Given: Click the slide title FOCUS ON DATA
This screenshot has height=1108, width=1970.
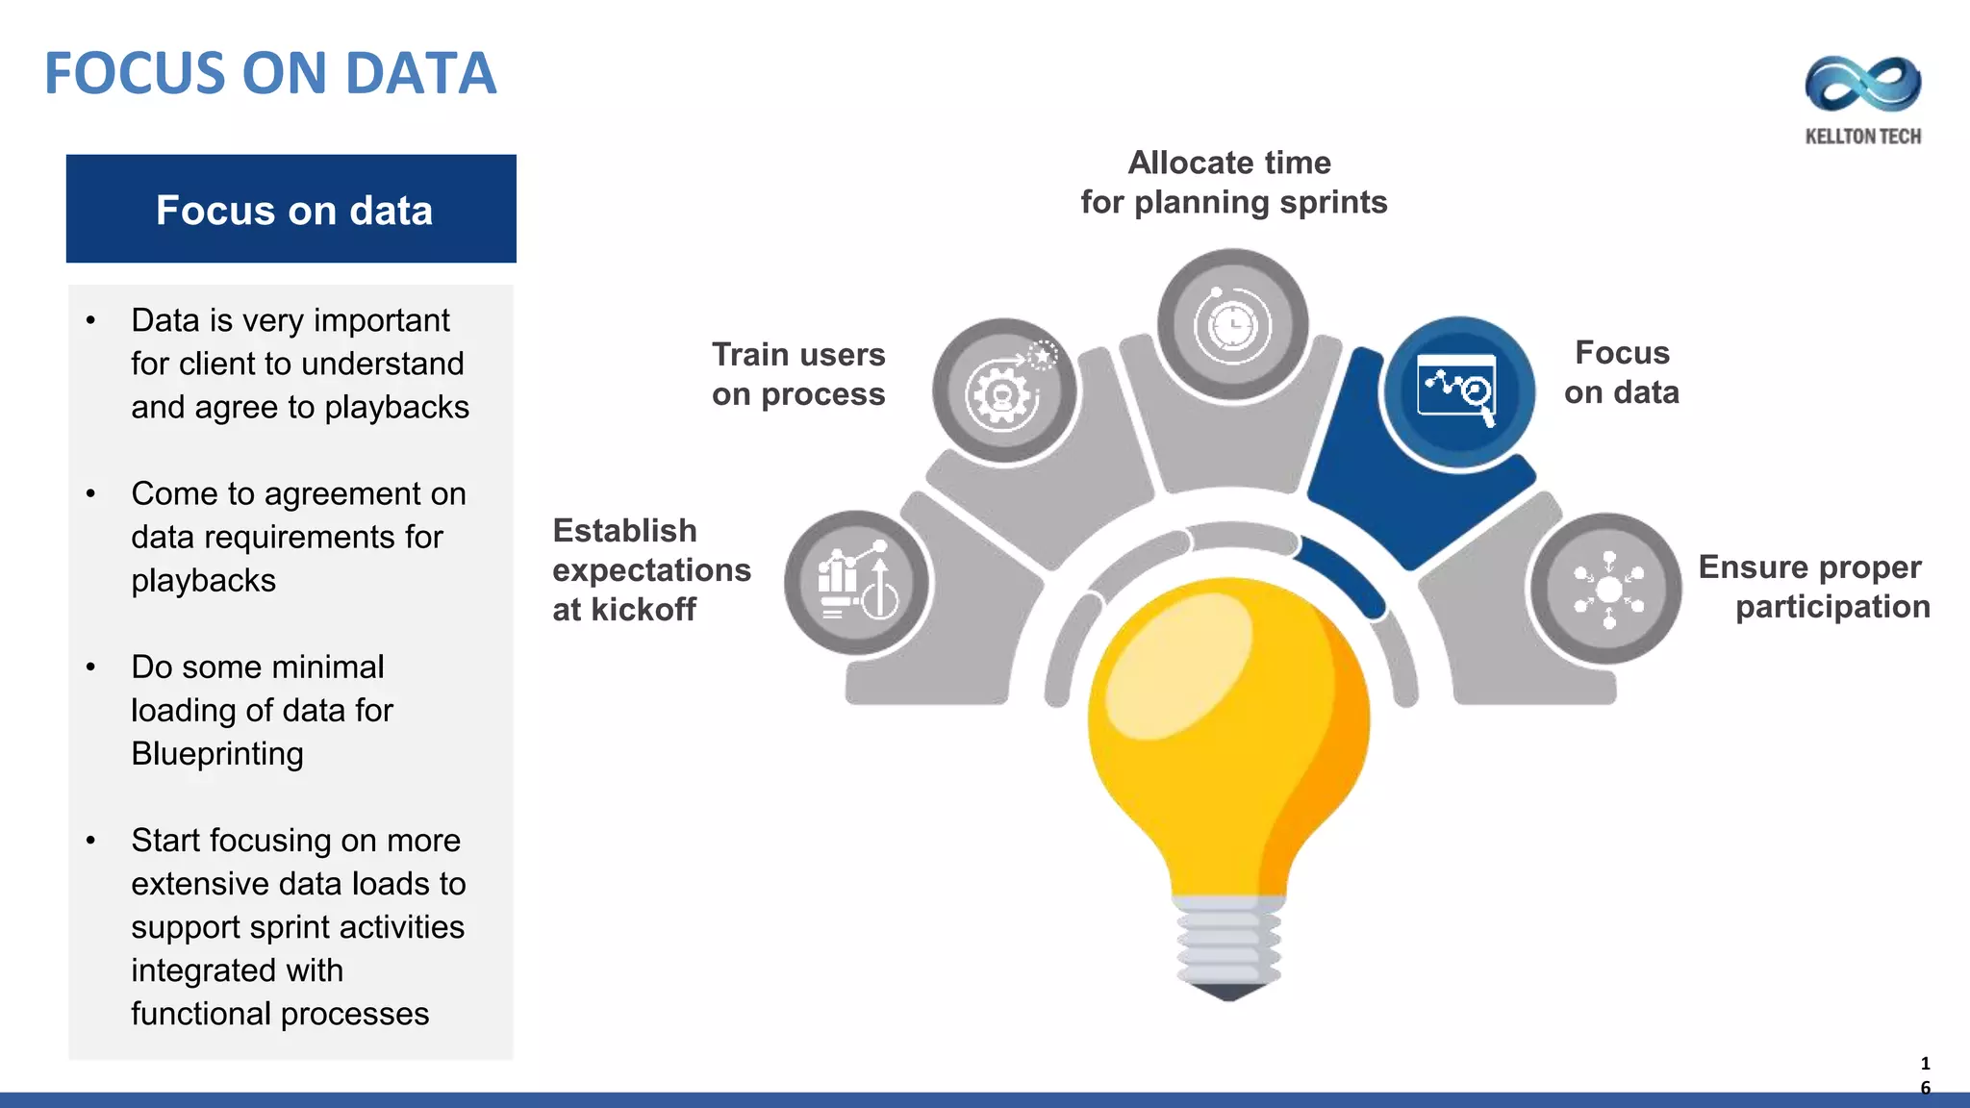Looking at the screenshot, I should (270, 74).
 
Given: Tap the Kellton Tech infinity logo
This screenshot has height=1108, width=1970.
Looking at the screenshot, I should (1863, 84).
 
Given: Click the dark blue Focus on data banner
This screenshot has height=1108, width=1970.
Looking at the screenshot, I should (290, 209).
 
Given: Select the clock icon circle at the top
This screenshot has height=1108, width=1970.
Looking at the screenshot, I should (1232, 325).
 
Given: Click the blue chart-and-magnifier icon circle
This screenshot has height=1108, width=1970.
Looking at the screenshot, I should (1457, 392).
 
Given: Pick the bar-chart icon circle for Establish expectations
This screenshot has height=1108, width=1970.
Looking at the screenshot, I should (856, 583).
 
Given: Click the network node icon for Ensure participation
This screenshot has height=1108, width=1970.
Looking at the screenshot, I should (1607, 589).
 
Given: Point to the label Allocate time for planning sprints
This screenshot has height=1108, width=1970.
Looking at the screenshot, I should (1233, 183).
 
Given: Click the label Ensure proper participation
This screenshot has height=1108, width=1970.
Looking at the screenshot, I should (1814, 587).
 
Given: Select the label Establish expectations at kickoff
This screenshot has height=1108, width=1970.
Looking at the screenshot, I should (650, 569).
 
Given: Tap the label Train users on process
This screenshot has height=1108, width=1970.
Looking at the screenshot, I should (798, 374).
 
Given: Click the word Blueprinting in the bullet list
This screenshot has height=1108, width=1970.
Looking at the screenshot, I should (217, 754).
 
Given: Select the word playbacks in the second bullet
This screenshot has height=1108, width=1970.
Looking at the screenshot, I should (204, 581).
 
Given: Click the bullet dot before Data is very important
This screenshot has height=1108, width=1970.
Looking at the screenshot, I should (90, 320).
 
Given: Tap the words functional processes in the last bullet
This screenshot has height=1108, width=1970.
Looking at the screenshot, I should (280, 1014).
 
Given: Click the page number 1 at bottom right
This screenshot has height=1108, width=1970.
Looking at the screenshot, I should (1925, 1064).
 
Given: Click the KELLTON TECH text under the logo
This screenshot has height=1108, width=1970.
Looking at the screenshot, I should (1863, 137).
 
